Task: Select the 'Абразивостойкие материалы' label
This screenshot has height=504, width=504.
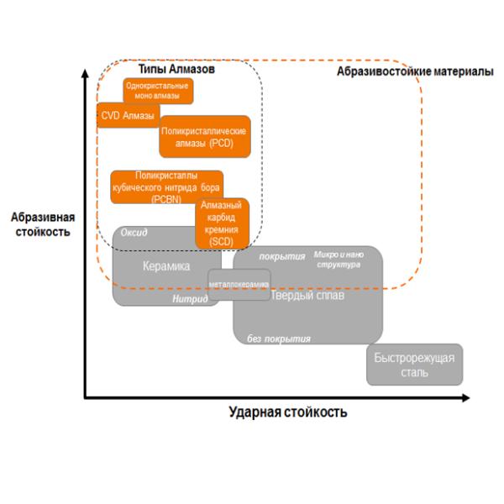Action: [415, 73]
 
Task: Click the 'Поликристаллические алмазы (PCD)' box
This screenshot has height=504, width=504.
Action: [205, 137]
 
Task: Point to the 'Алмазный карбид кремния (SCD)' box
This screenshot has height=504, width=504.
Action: [223, 223]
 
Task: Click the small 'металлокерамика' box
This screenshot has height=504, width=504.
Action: [239, 284]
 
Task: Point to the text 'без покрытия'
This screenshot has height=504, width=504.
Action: [279, 339]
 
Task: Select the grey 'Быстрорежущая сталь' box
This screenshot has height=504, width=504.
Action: [414, 365]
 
